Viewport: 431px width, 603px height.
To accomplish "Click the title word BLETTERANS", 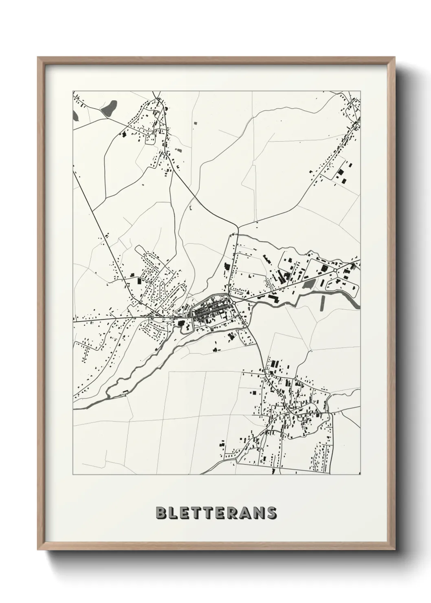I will (216, 513).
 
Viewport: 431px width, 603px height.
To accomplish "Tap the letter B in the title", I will (160, 513).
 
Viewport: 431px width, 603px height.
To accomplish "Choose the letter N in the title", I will (259, 513).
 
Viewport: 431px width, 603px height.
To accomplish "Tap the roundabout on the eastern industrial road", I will (334, 270).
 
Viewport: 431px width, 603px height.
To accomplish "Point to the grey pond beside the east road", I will (310, 284).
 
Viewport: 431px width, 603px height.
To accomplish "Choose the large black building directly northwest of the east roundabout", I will (325, 268).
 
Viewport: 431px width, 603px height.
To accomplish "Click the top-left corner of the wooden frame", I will (38, 57).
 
